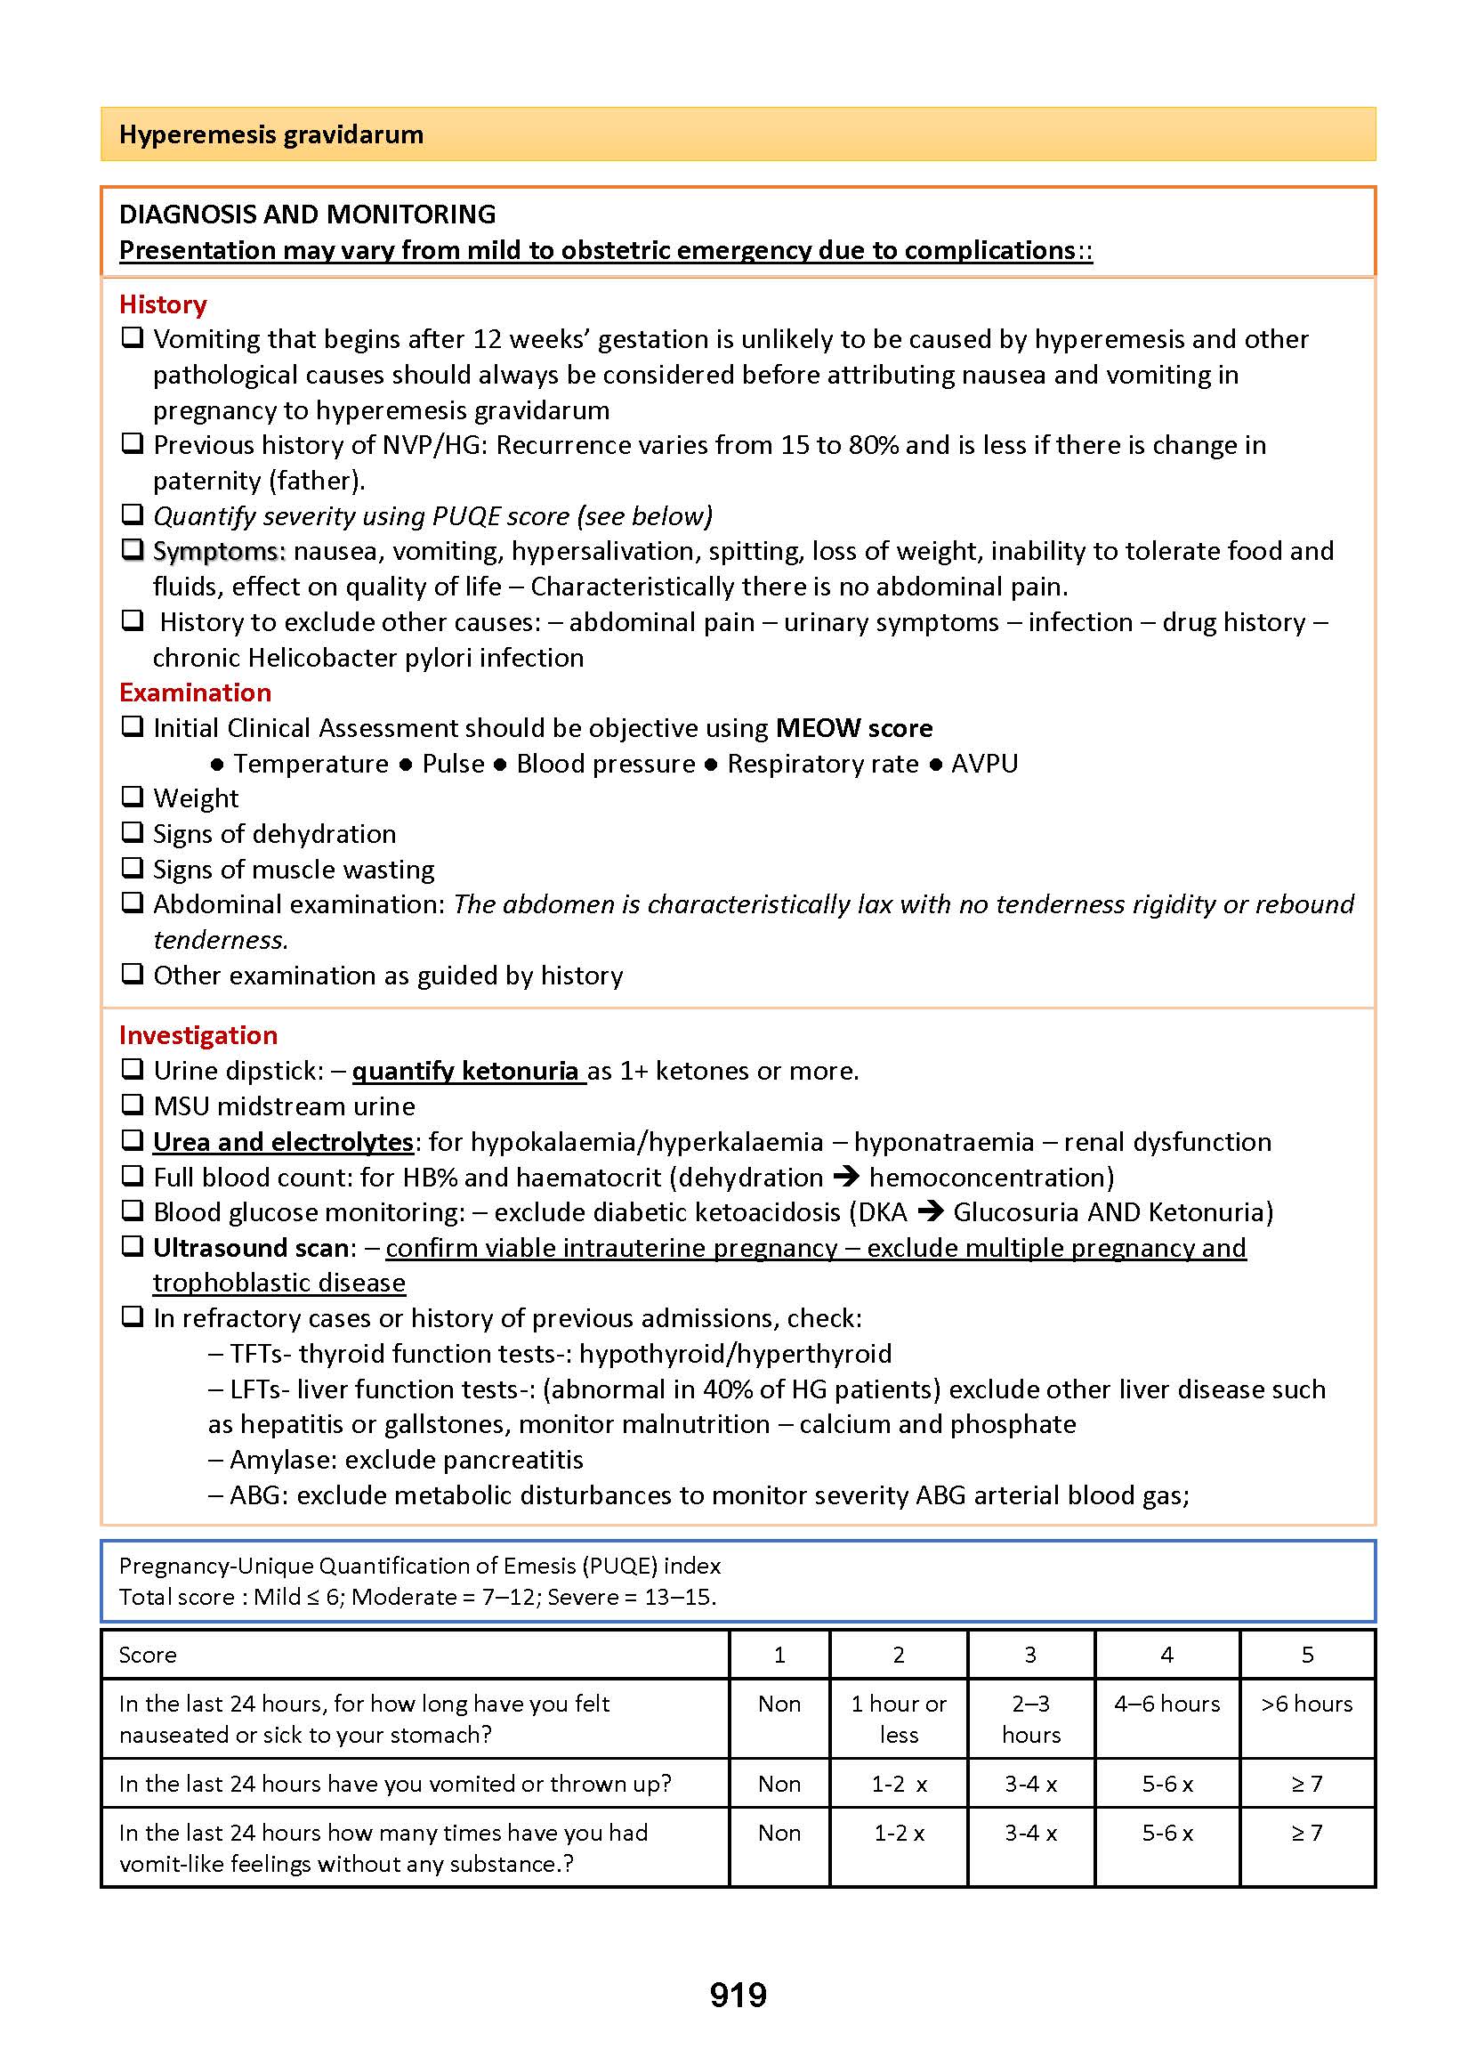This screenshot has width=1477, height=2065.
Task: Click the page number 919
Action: [x=738, y=1995]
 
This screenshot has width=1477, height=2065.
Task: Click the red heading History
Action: [x=163, y=304]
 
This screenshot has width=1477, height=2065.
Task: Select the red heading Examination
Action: [x=195, y=692]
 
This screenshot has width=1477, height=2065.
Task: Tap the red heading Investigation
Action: [x=198, y=1034]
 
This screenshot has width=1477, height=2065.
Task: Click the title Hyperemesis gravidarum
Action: [x=271, y=134]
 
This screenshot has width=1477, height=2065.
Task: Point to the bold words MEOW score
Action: [x=853, y=728]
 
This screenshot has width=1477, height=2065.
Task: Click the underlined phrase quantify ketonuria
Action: [x=466, y=1071]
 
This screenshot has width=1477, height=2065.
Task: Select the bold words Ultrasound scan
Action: [x=251, y=1247]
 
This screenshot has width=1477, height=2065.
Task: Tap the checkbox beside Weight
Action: [x=133, y=797]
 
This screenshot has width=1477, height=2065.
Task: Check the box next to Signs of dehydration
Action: [x=133, y=832]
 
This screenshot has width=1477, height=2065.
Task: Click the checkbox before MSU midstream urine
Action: [x=133, y=1105]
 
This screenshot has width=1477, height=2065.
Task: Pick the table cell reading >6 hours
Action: [x=1306, y=1704]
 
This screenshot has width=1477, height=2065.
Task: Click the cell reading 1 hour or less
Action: [x=899, y=1719]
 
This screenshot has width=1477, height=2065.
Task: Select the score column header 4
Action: [x=1166, y=1655]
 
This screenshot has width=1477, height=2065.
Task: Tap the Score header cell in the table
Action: [x=148, y=1655]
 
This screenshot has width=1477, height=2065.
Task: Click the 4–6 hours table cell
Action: [x=1166, y=1704]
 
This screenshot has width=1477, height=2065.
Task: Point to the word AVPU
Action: [x=984, y=763]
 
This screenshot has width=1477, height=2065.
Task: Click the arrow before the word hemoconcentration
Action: [x=846, y=1176]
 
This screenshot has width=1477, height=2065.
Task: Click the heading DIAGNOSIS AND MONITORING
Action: [x=307, y=215]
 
